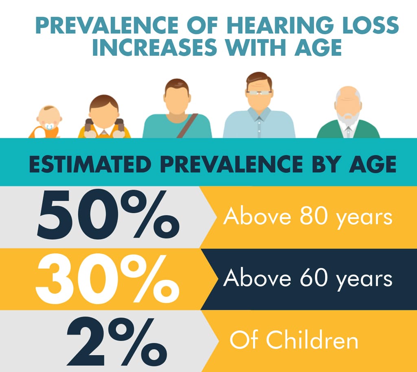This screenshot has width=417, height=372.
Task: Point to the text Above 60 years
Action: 307,279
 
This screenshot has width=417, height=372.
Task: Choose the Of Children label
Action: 294,340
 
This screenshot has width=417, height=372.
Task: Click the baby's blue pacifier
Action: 49,127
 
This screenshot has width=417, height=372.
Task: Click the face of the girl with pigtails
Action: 104,116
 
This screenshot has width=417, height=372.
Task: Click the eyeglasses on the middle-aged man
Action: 259,93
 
